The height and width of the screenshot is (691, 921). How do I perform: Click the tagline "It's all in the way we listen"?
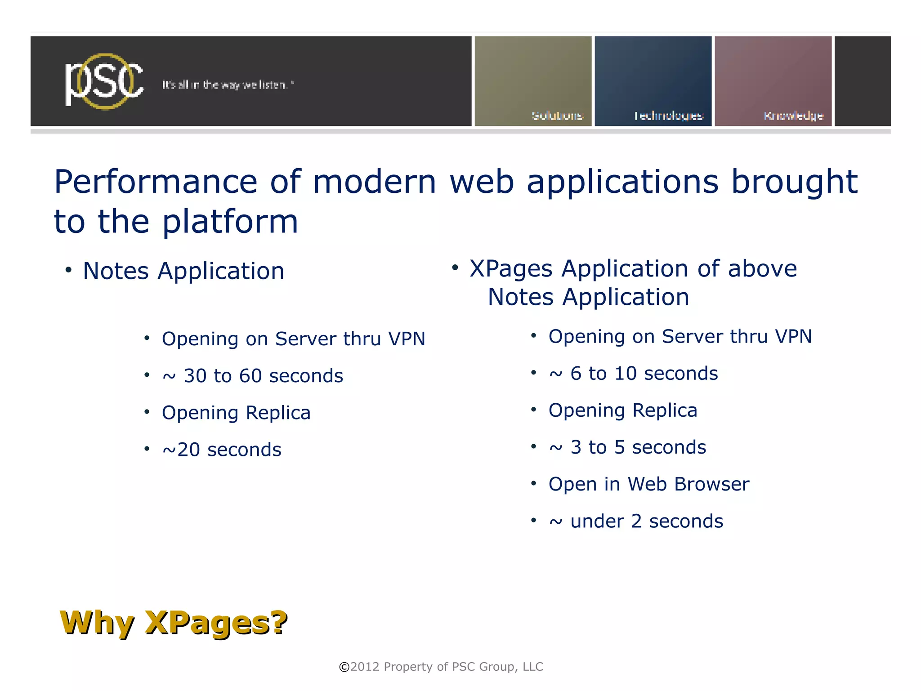point(228,85)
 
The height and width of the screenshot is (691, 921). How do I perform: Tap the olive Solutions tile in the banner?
point(533,81)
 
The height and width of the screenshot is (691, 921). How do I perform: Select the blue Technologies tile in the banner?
point(653,81)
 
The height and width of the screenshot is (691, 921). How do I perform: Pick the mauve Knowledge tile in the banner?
point(773,81)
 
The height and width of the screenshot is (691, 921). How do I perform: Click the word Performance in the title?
point(156,182)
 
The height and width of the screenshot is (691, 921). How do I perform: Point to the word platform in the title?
point(230,222)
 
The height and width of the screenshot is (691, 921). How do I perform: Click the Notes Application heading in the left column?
point(183,271)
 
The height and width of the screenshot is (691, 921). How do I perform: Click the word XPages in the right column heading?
point(511,269)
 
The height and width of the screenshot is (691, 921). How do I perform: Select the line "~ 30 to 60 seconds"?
point(253,376)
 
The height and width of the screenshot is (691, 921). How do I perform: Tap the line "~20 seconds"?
point(222,450)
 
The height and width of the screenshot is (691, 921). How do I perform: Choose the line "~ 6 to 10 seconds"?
point(633,374)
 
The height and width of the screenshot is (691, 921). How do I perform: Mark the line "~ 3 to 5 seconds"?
point(627,447)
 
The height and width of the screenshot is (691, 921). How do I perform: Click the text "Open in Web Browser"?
point(648,484)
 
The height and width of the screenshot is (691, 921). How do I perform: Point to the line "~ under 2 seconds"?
point(636,522)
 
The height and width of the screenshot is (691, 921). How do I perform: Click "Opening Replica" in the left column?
point(236,413)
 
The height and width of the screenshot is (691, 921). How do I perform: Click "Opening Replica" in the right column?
point(623,410)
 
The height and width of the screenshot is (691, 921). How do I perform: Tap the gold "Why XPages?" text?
point(174,623)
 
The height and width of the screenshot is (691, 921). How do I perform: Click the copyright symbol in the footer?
point(344,667)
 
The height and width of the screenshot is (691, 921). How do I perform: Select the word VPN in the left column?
point(407,339)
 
